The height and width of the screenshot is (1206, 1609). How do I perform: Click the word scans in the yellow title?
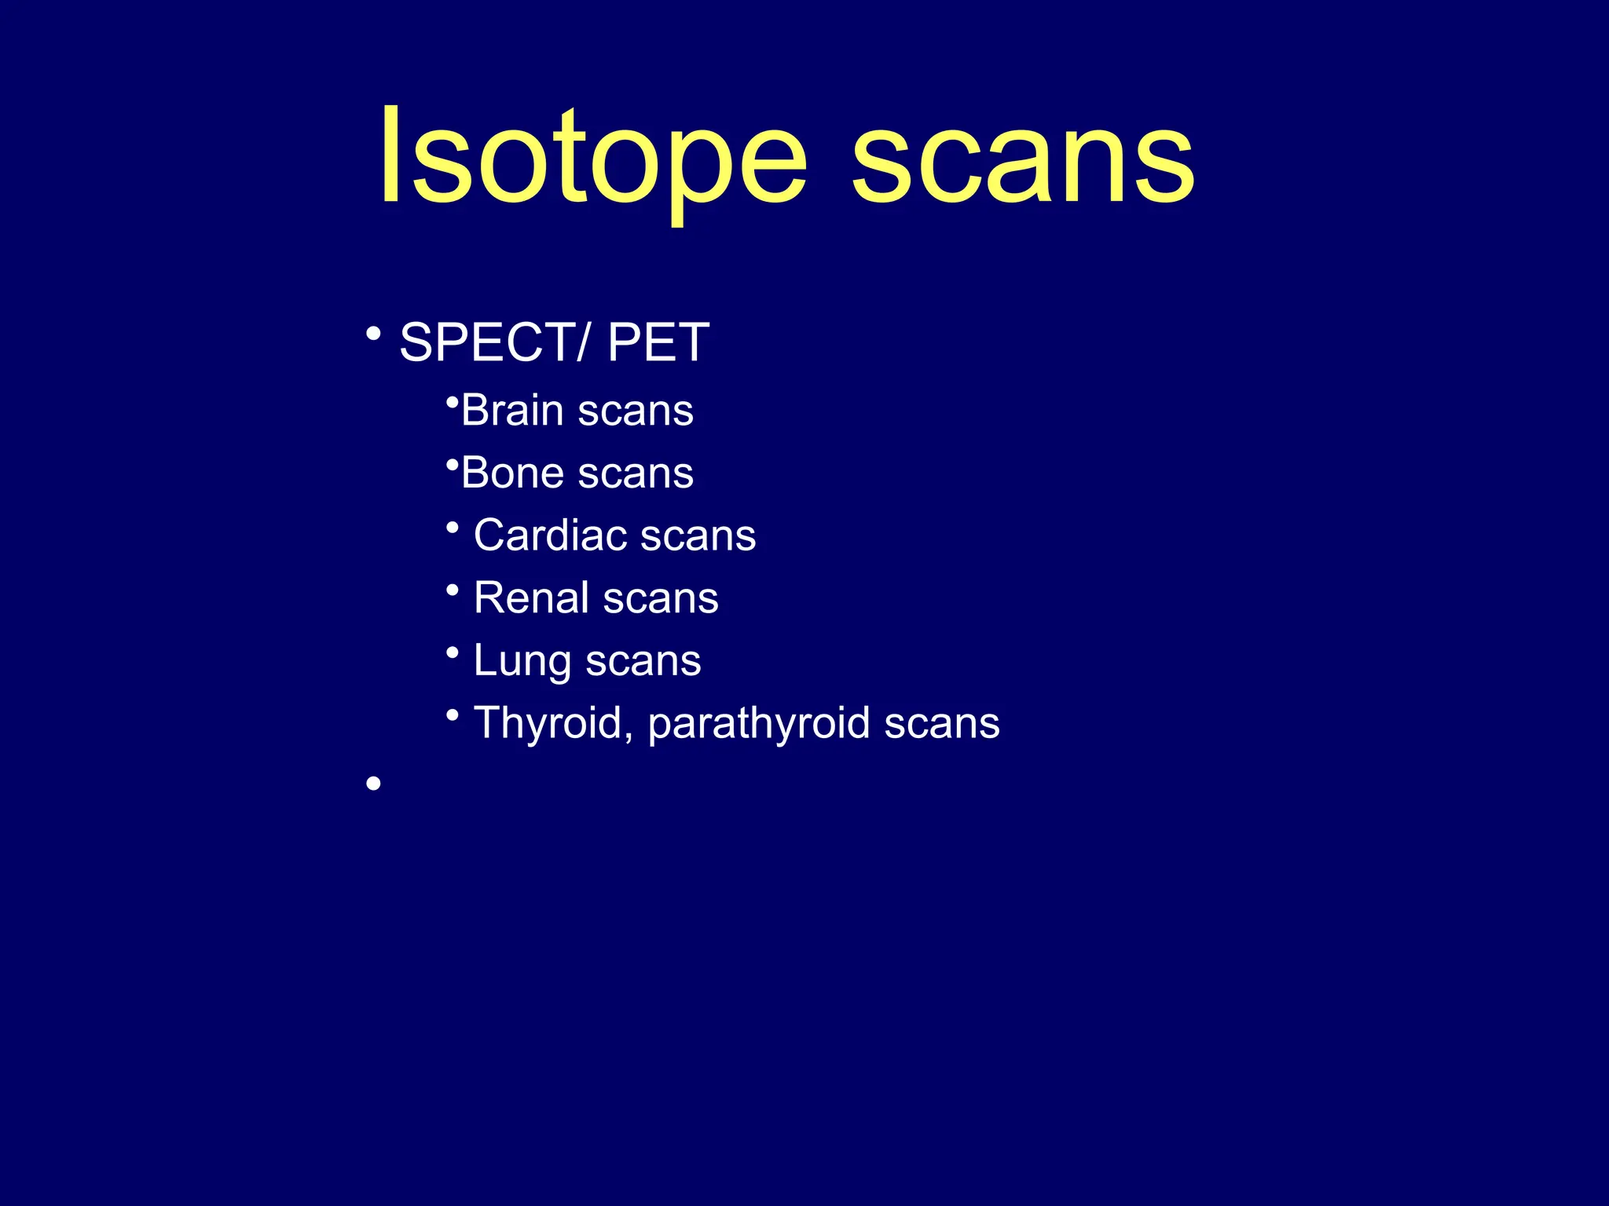click(x=1023, y=161)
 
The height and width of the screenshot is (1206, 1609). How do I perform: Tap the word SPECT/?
click(x=493, y=342)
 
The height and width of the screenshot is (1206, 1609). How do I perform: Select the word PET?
click(x=658, y=342)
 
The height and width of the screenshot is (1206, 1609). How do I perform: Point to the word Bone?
click(x=511, y=473)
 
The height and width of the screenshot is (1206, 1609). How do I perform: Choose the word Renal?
click(x=531, y=598)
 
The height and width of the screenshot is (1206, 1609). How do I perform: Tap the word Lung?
click(x=522, y=661)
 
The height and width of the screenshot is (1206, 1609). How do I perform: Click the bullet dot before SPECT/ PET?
click(x=373, y=334)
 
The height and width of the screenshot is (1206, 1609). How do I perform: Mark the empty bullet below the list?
click(x=373, y=783)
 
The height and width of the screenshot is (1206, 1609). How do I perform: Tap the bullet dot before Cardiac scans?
click(x=452, y=528)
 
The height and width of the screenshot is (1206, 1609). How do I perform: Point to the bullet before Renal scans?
click(x=452, y=590)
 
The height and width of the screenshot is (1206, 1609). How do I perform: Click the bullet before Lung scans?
click(x=452, y=652)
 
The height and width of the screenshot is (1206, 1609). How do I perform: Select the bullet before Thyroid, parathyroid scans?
click(x=452, y=714)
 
